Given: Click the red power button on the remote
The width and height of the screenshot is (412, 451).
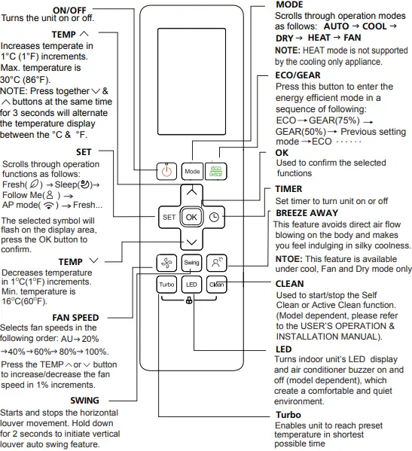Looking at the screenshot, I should (x=166, y=171).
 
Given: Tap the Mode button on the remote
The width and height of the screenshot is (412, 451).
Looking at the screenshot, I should (x=192, y=171).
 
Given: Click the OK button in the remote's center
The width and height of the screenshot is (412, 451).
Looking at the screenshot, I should (x=191, y=217).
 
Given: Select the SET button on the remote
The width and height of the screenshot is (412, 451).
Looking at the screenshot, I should (x=168, y=217).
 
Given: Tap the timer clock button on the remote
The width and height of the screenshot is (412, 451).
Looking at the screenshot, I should (x=215, y=217).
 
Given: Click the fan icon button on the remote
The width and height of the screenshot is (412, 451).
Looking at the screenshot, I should (x=166, y=262).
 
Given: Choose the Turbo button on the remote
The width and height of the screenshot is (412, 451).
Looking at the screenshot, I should (x=166, y=285).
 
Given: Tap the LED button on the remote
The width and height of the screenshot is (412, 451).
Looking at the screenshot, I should (x=191, y=285).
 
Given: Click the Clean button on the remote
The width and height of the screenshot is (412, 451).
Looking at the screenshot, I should (x=216, y=285).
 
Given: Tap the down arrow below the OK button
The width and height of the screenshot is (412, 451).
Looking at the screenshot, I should (x=191, y=241).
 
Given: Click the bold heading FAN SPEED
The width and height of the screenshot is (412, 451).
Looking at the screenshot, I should (x=75, y=318).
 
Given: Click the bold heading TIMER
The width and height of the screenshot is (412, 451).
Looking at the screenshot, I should (x=289, y=189).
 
